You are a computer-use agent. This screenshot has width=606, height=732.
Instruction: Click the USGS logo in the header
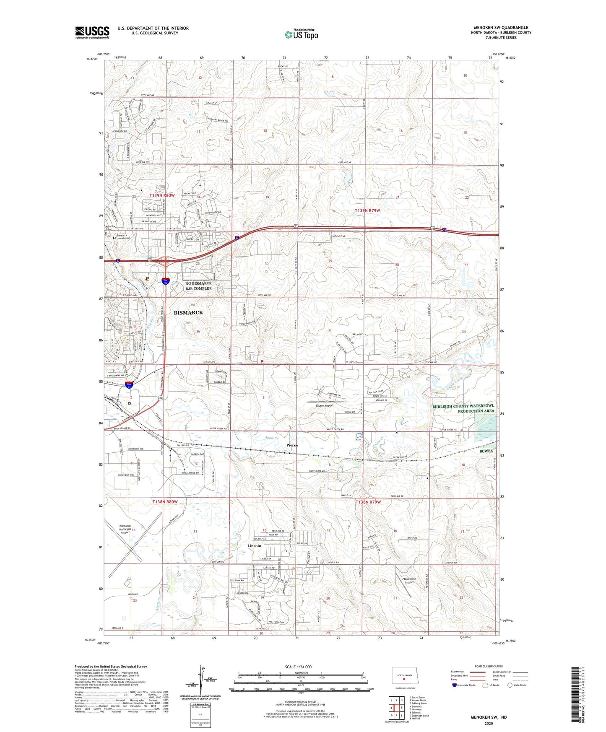tap(92, 32)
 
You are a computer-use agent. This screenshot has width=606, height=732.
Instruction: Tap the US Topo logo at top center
tap(301, 34)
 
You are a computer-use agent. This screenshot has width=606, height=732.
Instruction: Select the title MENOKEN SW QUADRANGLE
tap(501, 28)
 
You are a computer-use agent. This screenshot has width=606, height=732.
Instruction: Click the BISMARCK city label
tap(188, 313)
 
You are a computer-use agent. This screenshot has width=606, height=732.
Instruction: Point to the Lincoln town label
tap(254, 546)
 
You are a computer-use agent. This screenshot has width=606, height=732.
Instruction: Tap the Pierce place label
tap(292, 445)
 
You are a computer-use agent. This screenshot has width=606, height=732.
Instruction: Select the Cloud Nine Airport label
tap(409, 580)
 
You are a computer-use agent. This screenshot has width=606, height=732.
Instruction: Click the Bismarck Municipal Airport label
tap(125, 529)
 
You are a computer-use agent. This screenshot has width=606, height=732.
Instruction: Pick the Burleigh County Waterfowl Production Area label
tap(463, 408)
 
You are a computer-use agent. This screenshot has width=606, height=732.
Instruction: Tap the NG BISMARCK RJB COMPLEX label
tap(198, 286)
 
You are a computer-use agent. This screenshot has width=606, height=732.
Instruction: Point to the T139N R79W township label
tap(368, 210)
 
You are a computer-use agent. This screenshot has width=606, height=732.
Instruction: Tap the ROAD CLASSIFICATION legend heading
tap(489, 666)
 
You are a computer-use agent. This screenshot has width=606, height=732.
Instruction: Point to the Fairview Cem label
tap(110, 227)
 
